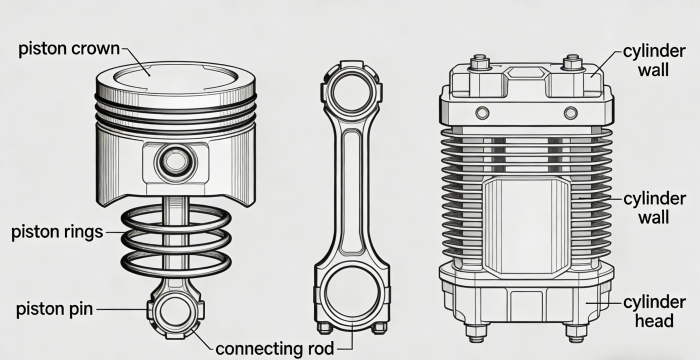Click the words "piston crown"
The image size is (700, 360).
pos(69,49)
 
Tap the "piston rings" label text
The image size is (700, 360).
pos(57,232)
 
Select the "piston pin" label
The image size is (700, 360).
pos(54,309)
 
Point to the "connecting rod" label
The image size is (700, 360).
pos(275,348)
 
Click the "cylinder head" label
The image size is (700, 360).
pos(654,311)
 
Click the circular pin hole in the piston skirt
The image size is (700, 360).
pos(175,161)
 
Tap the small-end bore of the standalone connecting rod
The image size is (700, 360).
pos(351,92)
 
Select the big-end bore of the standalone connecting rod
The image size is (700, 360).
pos(352,293)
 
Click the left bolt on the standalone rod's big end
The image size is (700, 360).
pos(325,327)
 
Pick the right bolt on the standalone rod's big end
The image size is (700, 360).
pos(379,327)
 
